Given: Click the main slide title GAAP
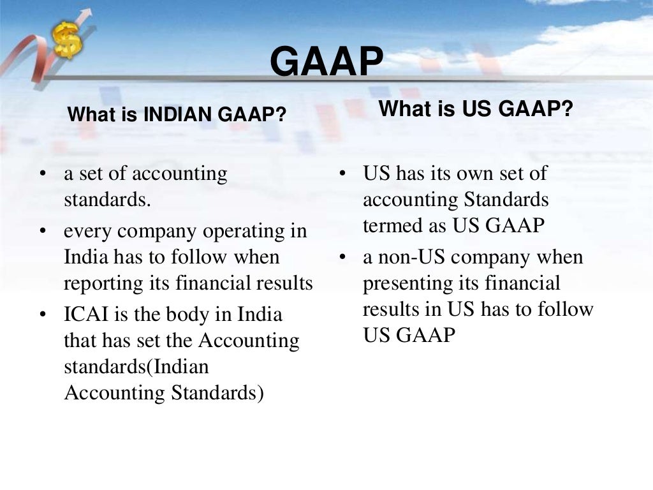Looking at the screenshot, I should [x=326, y=62].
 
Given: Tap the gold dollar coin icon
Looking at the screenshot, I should [x=66, y=40].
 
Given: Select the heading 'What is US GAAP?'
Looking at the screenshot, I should [x=476, y=109].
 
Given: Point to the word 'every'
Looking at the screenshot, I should [x=84, y=232].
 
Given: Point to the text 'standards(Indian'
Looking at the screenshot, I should [x=136, y=367].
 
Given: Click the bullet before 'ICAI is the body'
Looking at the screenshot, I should [x=43, y=316].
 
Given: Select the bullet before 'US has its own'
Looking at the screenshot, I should [x=342, y=174].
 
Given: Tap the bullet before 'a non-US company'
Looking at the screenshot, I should [x=342, y=258].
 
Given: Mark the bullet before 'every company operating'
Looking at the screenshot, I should [x=43, y=232].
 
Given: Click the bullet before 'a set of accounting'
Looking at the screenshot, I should [x=43, y=174].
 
